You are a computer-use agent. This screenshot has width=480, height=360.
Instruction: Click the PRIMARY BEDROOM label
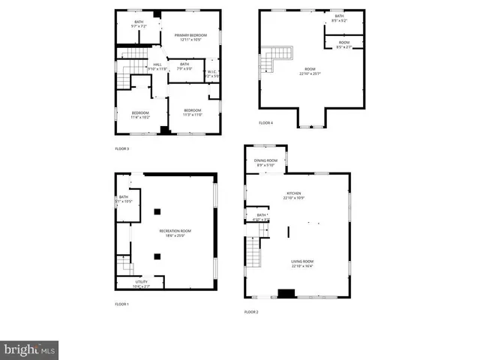(190, 35)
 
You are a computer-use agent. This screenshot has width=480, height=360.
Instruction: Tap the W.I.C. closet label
(213, 72)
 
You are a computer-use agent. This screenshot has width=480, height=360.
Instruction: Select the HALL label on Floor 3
(157, 65)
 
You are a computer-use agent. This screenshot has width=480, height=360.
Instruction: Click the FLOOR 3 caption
(121, 148)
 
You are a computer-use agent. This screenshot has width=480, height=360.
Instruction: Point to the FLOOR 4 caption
(266, 122)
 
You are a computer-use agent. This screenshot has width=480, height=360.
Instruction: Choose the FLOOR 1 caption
(121, 304)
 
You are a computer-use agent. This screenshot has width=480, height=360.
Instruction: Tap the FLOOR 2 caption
(251, 311)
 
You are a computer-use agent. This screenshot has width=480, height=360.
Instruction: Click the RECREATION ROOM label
(175, 231)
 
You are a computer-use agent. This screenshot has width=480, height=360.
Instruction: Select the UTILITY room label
(141, 282)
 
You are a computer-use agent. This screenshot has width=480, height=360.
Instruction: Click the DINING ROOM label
(265, 160)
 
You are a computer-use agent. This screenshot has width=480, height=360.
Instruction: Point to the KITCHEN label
(292, 193)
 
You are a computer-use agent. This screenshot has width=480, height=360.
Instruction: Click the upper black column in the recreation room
(158, 211)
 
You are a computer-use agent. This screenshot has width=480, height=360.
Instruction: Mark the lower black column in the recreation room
(158, 256)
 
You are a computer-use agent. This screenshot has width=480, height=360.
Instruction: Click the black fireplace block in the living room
(286, 293)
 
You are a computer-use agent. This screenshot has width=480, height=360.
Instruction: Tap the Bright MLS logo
(30, 349)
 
